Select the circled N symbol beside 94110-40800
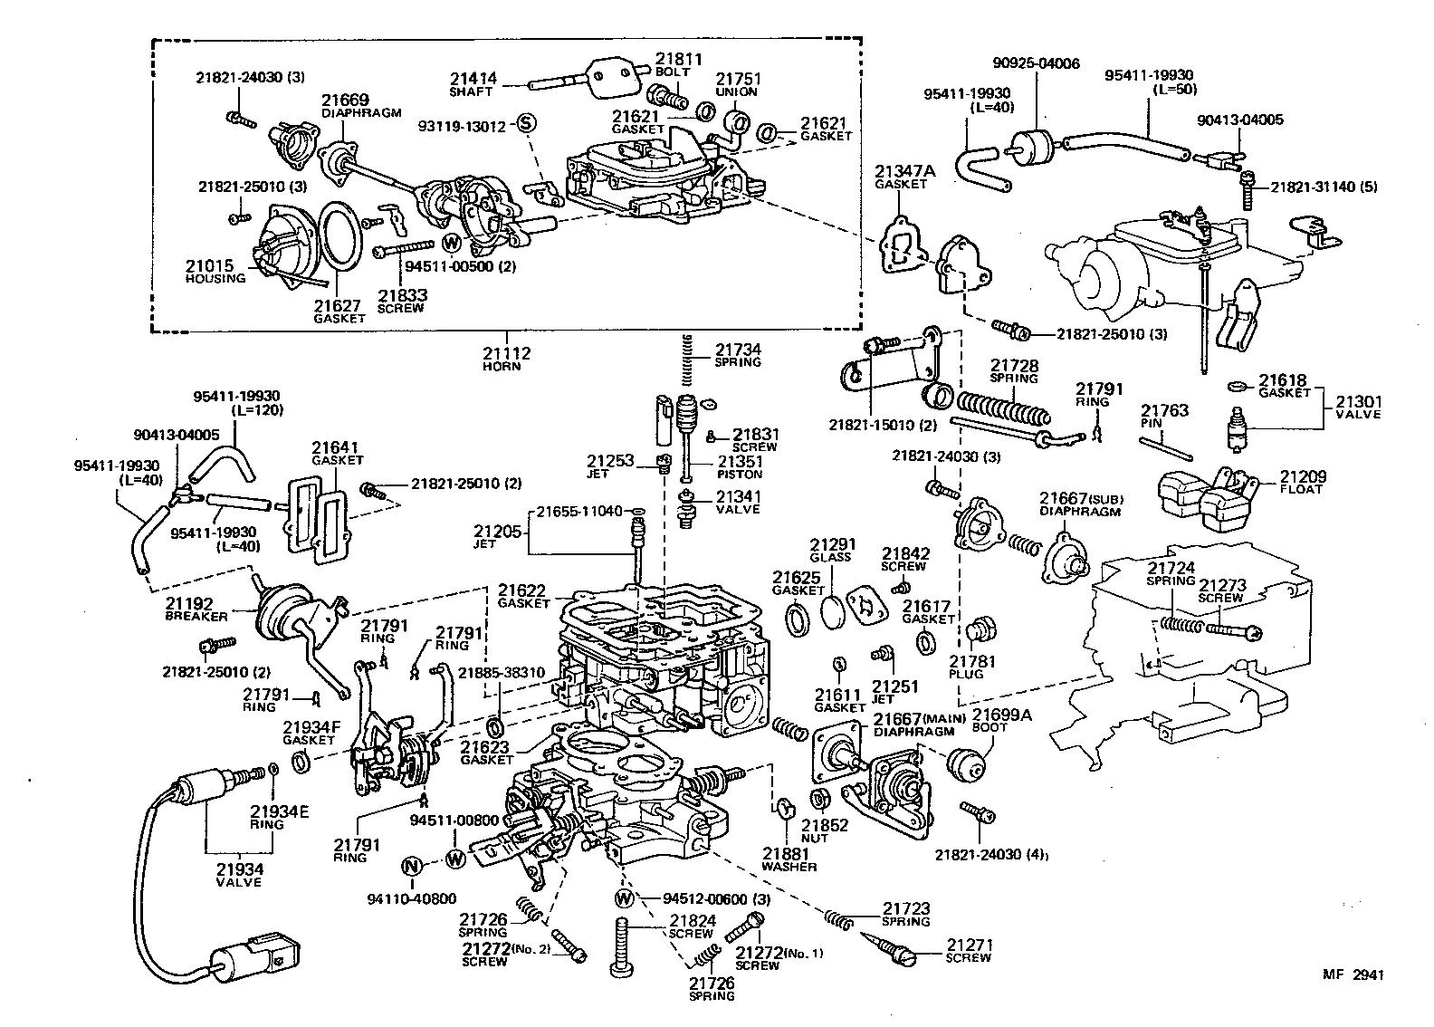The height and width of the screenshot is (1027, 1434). point(412,866)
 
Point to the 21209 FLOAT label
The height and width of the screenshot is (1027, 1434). point(1301,483)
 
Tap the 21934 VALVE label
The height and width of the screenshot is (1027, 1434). point(239,875)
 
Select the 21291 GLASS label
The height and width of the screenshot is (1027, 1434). point(831,551)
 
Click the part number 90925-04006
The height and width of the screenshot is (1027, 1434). point(1036,64)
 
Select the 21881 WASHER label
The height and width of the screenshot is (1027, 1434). point(789,859)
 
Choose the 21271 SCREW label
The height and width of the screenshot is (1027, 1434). point(969,951)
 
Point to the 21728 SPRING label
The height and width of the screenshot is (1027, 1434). point(1013,371)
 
